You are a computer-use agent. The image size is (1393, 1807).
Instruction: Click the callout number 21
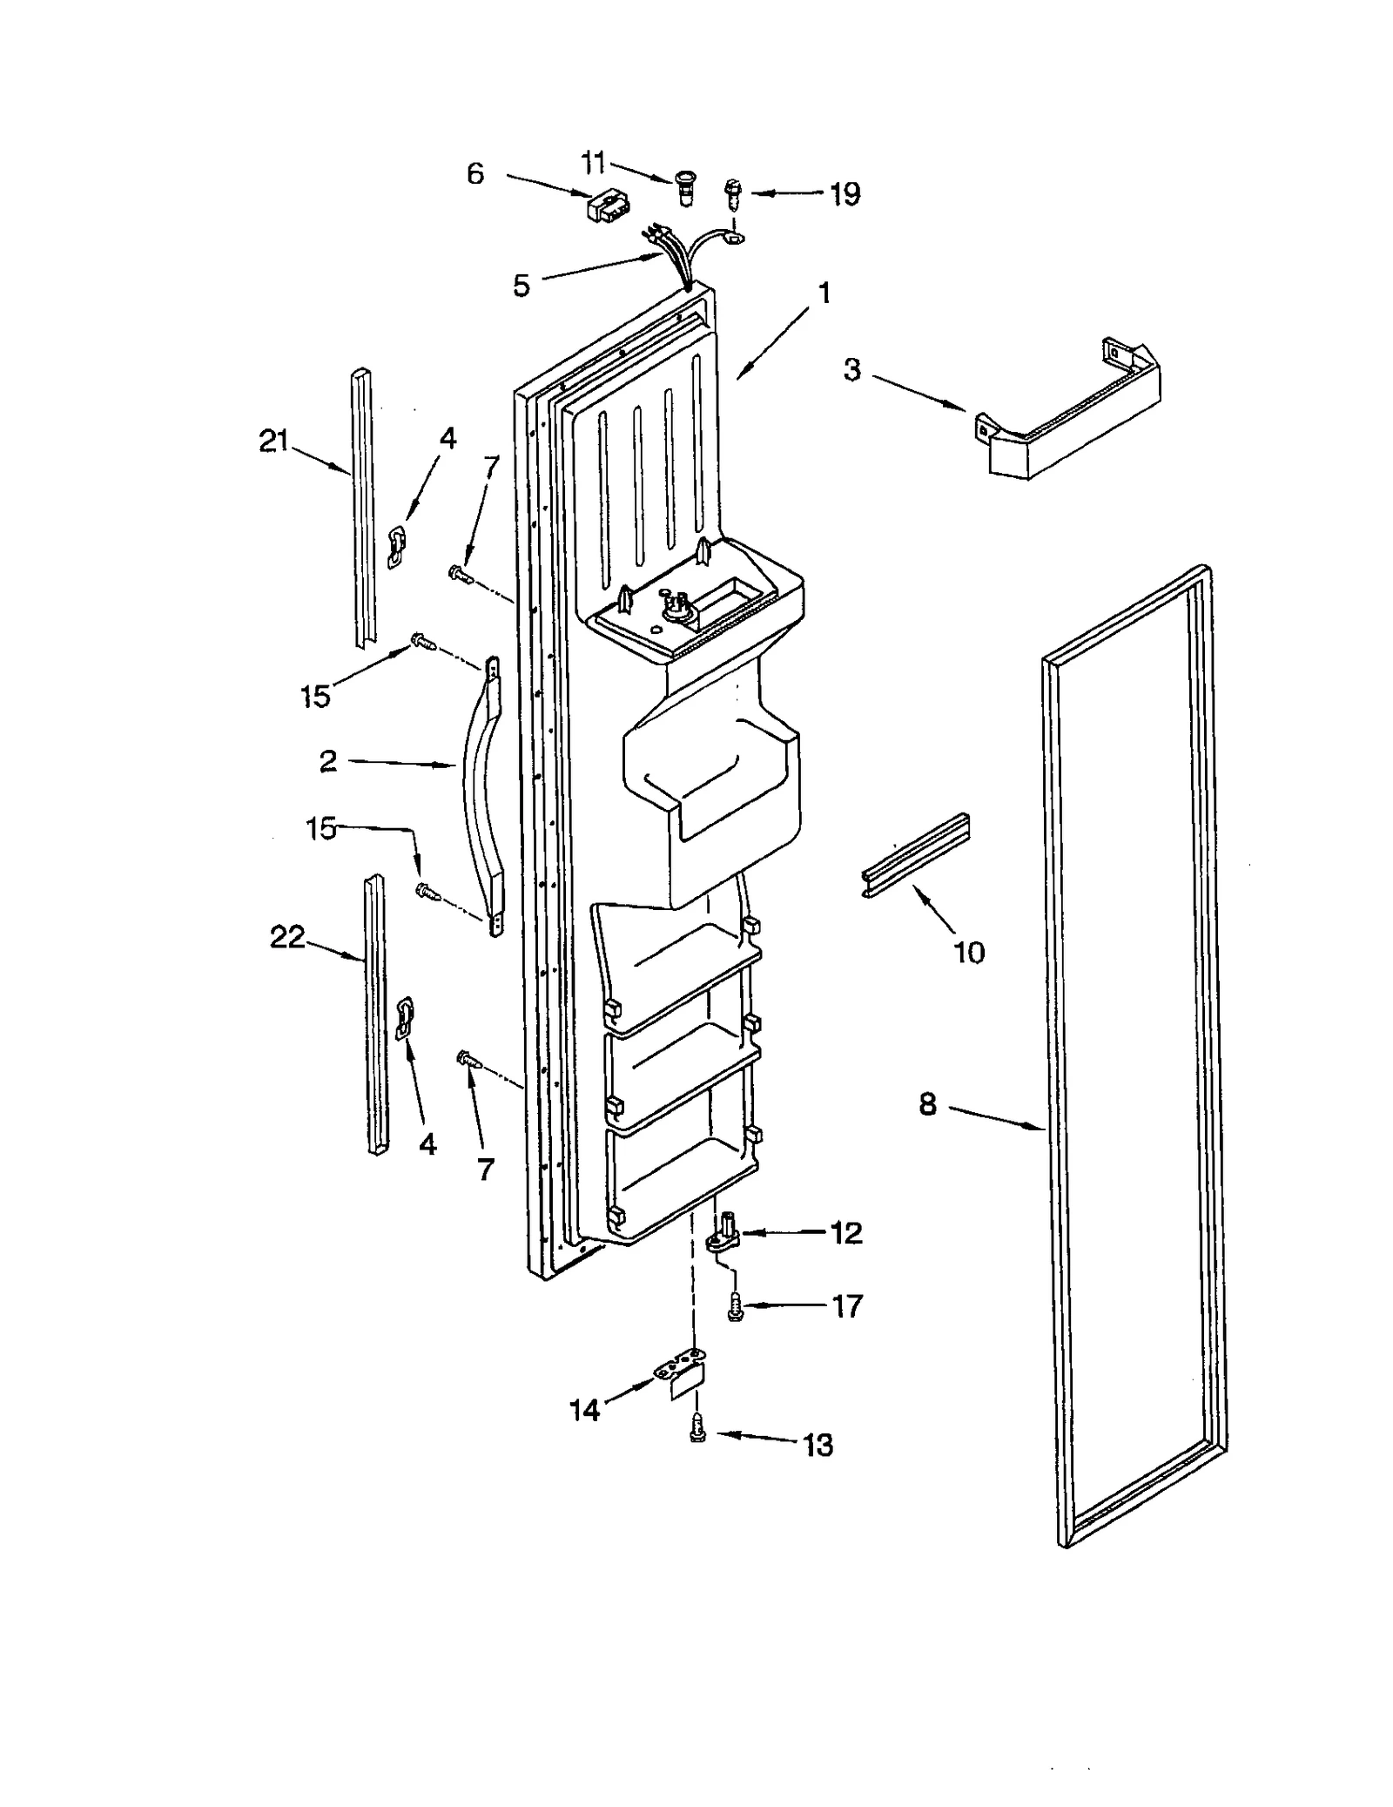point(273,442)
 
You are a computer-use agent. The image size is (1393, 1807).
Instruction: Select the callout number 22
point(287,938)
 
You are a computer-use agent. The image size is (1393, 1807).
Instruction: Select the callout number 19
point(845,193)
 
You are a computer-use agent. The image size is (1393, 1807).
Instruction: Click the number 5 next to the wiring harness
point(521,285)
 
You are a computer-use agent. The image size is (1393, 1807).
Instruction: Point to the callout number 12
point(845,1232)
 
